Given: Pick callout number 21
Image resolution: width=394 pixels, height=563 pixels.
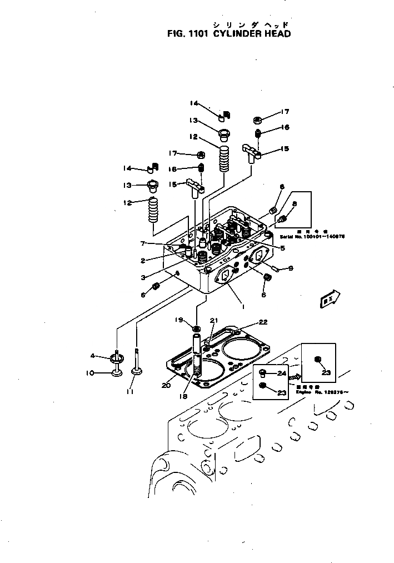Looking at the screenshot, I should tap(214, 321).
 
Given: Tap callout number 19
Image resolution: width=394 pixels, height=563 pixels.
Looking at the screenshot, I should tap(179, 320).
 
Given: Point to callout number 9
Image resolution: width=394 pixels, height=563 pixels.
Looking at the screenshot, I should tap(290, 268).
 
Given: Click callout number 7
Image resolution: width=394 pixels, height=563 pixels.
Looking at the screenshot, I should tap(143, 243).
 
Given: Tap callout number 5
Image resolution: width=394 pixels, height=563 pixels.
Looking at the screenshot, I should tap(282, 248).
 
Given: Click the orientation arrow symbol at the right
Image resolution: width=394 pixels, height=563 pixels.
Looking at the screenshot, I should tap(328, 300).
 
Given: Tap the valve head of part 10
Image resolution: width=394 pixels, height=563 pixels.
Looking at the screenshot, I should tap(116, 371).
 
